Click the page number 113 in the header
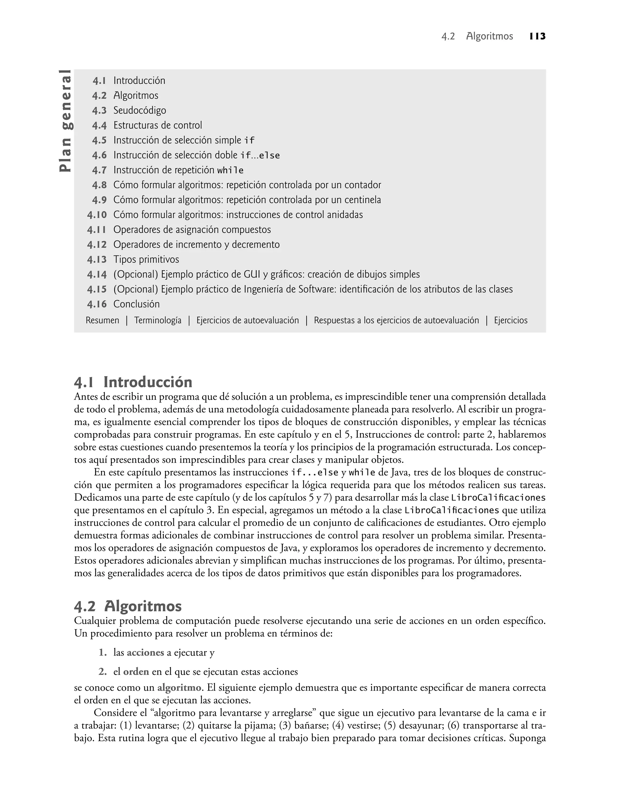[x=537, y=36]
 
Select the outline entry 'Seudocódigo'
[x=139, y=110]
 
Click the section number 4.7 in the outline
[x=99, y=170]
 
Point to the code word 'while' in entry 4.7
[x=230, y=170]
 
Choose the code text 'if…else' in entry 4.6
[x=260, y=156]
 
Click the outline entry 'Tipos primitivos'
[x=146, y=260]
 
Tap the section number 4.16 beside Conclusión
[x=97, y=304]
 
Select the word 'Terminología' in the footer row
[x=157, y=320]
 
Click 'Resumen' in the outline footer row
[x=102, y=320]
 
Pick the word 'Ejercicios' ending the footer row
[x=510, y=320]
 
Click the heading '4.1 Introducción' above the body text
[x=133, y=382]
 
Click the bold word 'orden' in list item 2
[x=136, y=672]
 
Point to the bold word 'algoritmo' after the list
[x=179, y=688]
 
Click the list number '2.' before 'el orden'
[x=102, y=672]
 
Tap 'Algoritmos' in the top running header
[x=489, y=36]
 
